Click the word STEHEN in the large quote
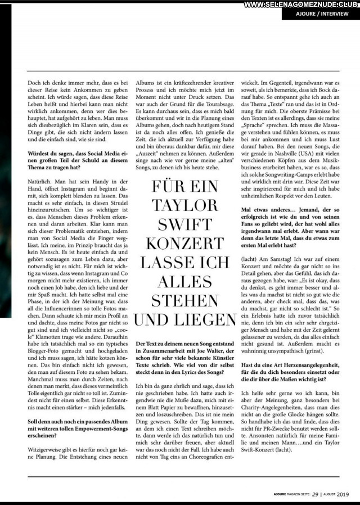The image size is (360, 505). coord(185,301)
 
